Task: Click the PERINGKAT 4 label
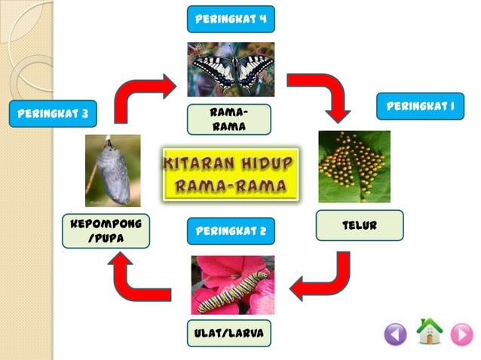pyautogui.click(x=231, y=18)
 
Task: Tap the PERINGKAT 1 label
pyautogui.click(x=419, y=106)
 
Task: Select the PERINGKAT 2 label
pyautogui.click(x=231, y=230)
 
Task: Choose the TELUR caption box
pyautogui.click(x=359, y=225)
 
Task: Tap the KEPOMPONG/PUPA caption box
pyautogui.click(x=106, y=231)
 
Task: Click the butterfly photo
pyautogui.click(x=231, y=69)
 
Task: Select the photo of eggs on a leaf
pyautogui.click(x=354, y=166)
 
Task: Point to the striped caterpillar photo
pyautogui.click(x=232, y=285)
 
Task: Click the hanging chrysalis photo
pyautogui.click(x=113, y=171)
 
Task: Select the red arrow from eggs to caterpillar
pyautogui.click(x=326, y=277)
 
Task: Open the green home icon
pyautogui.click(x=429, y=331)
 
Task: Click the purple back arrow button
pyautogui.click(x=395, y=334)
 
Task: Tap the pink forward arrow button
pyautogui.click(x=461, y=334)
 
